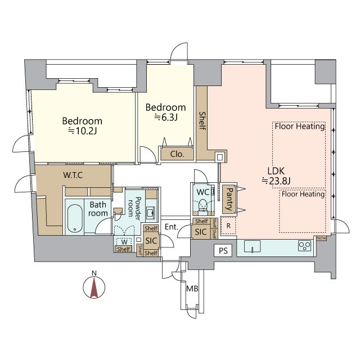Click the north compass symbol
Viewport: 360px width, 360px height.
click(x=94, y=287)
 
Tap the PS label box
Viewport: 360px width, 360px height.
click(x=223, y=250)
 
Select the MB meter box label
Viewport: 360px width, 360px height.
click(x=192, y=289)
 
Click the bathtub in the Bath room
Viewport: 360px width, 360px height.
click(x=75, y=218)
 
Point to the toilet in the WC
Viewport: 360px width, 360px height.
click(x=202, y=205)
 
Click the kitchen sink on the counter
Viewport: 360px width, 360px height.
click(x=252, y=246)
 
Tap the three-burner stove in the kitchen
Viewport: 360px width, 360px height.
click(x=304, y=246)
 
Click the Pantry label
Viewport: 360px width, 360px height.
click(x=229, y=199)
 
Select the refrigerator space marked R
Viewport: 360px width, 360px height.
click(x=228, y=226)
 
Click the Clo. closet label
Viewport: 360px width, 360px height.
click(x=177, y=154)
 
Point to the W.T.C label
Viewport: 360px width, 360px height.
click(x=73, y=175)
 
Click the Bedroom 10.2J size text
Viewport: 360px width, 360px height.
click(x=82, y=131)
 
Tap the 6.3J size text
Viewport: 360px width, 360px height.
click(x=166, y=118)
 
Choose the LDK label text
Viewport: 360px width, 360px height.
click(x=276, y=171)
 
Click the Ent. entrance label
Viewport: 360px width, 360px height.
click(x=171, y=227)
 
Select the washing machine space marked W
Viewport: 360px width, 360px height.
click(x=124, y=242)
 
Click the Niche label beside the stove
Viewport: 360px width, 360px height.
click(x=321, y=238)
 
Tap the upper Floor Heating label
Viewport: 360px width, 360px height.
click(x=300, y=126)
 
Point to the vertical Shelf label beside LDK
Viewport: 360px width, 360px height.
click(x=202, y=121)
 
